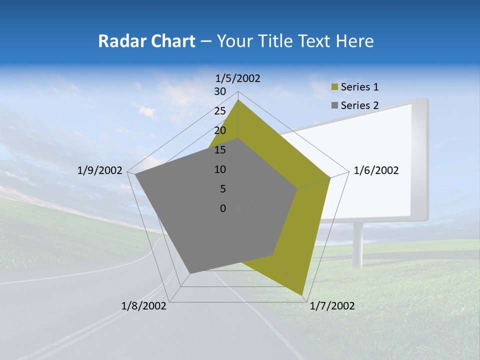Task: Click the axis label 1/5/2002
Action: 238,78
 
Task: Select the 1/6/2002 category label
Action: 376,170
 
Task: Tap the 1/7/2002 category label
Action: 332,306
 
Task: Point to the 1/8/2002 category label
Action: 144,306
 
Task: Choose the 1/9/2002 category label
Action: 100,170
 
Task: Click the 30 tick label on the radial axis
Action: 220,91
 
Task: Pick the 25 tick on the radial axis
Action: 220,111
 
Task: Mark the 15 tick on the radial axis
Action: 220,150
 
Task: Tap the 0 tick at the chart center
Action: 223,208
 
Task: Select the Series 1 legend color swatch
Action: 335,87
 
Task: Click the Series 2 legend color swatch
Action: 335,105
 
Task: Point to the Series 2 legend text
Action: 359,105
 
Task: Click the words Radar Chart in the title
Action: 146,41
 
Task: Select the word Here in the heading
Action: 355,41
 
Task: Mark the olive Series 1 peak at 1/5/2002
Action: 238,100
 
